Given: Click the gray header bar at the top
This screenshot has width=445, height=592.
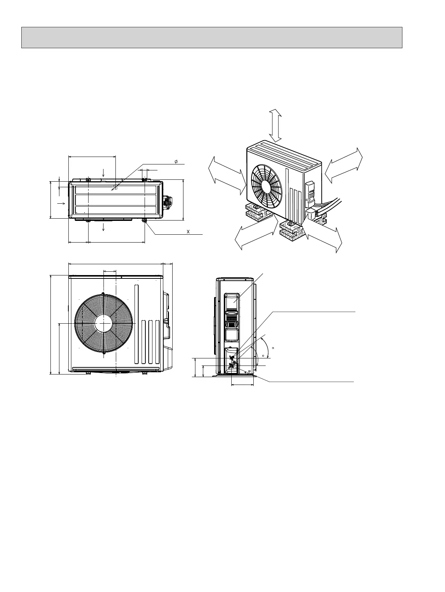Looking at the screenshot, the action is tap(211, 37).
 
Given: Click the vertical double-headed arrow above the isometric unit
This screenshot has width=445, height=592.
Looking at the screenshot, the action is tap(275, 126).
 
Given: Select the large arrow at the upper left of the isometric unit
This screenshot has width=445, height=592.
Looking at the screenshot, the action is tap(227, 175).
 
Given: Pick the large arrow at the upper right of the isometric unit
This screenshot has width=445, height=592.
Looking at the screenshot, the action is tap(344, 166).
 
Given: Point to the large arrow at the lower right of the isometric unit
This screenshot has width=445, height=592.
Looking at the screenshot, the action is tap(322, 234).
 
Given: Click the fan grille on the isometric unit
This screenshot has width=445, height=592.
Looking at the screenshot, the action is tap(266, 186).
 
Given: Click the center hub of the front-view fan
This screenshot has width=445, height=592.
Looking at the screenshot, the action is tap(103, 323).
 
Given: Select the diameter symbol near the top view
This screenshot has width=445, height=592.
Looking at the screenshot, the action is tap(176, 161).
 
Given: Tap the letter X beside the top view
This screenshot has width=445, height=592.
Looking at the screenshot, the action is tap(188, 232).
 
